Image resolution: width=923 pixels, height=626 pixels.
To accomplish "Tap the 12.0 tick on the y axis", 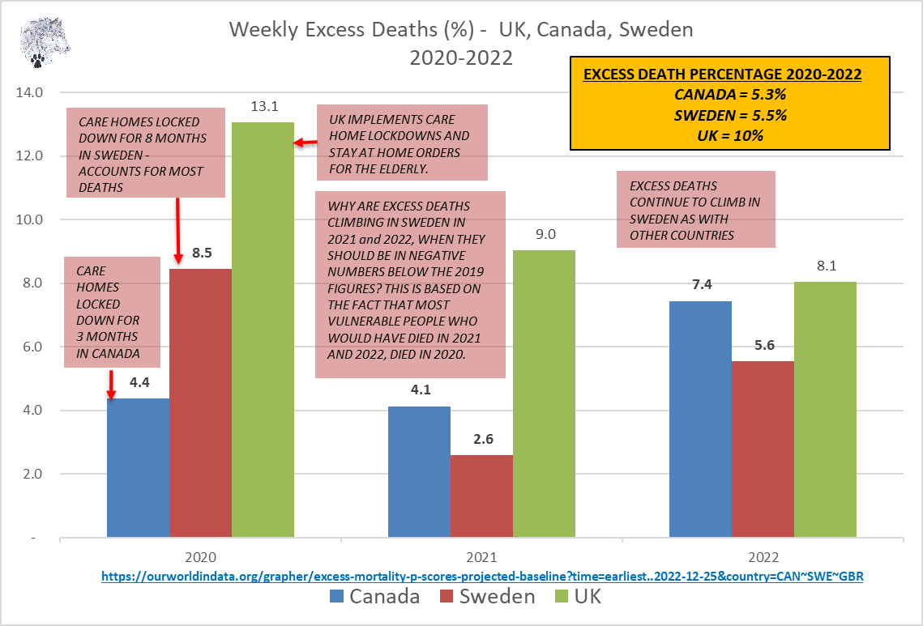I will (31, 155).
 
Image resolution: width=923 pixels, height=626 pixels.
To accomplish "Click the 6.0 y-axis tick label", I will (34, 347).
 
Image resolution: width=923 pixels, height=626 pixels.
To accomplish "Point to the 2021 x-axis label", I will (481, 558).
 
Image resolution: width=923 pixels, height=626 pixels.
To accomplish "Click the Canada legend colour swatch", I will (337, 597).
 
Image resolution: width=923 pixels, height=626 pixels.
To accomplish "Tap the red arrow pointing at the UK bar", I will (305, 143).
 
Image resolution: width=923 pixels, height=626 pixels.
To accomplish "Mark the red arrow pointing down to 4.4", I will (111, 385).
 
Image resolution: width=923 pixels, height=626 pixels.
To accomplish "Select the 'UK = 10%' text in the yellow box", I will (729, 135).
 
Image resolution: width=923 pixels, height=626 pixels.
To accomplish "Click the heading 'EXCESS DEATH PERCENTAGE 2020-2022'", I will (722, 75).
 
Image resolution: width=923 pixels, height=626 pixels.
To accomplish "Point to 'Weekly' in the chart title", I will (262, 30).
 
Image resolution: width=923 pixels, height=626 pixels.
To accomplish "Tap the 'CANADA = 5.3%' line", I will (729, 95).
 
